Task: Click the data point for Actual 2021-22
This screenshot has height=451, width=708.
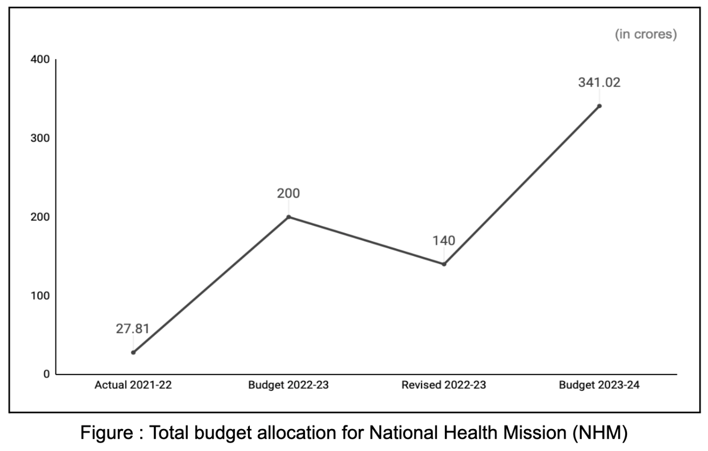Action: [133, 353]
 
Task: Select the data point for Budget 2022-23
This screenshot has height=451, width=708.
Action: [288, 217]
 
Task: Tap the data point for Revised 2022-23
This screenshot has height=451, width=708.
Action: [444, 264]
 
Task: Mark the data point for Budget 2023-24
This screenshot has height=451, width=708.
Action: [599, 106]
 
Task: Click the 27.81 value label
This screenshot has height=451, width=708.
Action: [132, 329]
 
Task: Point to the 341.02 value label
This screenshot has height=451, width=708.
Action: [599, 82]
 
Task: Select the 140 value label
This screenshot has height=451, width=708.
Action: [443, 240]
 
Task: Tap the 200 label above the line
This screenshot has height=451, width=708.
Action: [288, 193]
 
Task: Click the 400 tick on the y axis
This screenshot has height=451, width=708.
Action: [40, 59]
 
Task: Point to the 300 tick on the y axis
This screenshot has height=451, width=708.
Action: [40, 138]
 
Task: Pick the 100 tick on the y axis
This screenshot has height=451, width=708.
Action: [40, 295]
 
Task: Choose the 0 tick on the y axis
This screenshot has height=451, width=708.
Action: [46, 374]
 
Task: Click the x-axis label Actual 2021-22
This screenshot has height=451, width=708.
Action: [133, 385]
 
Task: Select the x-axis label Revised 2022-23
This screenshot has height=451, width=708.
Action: [443, 385]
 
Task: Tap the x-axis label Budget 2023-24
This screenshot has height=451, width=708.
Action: [599, 385]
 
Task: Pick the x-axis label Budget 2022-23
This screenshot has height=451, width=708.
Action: [288, 385]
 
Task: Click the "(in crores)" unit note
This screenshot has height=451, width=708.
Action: [646, 34]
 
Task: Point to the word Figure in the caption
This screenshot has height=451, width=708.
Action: [107, 433]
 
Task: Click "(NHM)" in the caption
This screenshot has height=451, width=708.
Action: [600, 433]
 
